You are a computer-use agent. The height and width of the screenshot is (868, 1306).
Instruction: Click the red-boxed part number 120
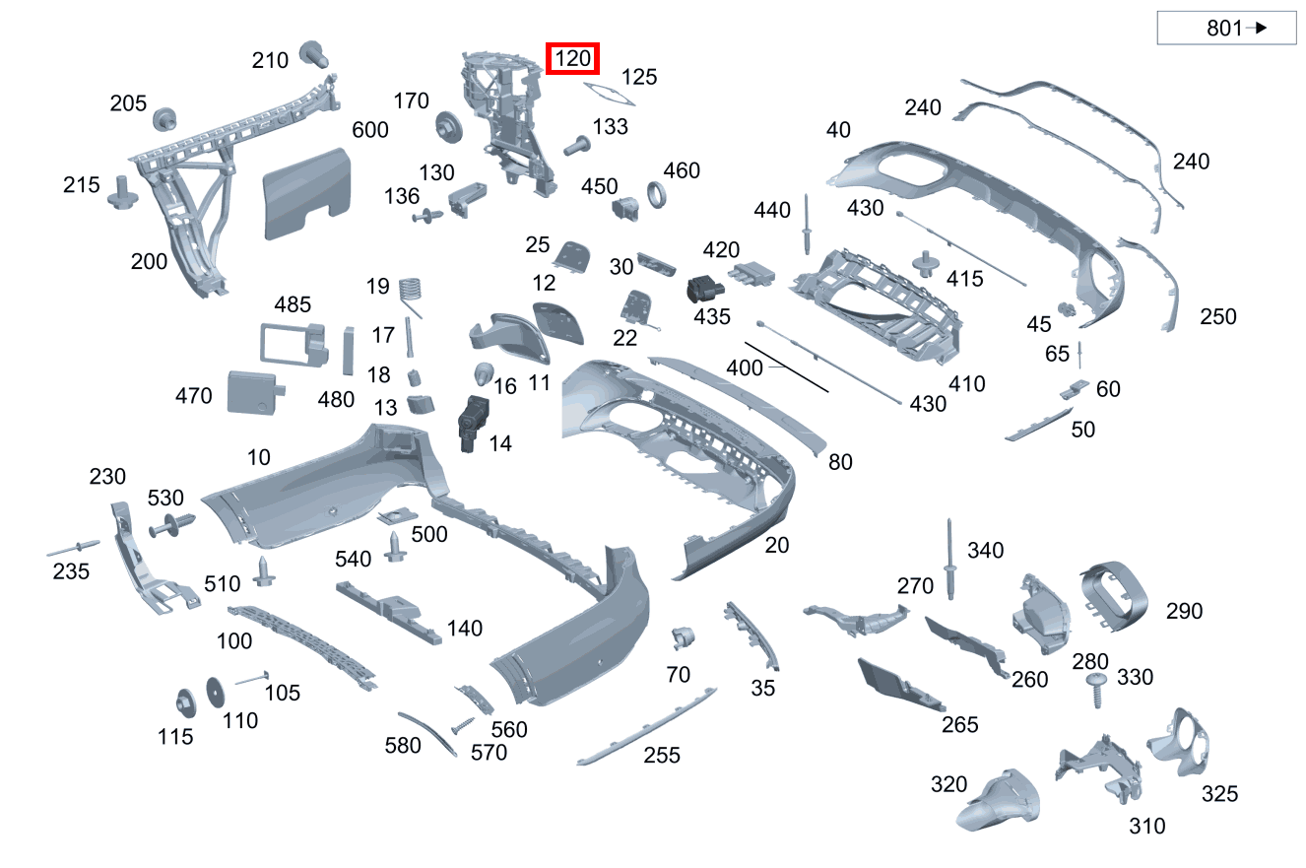(573, 59)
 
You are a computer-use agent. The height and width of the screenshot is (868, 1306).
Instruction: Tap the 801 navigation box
(1226, 29)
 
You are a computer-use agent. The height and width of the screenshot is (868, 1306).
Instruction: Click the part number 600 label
(370, 130)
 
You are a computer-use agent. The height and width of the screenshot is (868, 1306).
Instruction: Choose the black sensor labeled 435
(703, 289)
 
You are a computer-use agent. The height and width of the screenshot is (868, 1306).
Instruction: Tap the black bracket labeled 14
(471, 422)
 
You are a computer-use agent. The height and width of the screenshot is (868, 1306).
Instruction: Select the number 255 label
(662, 756)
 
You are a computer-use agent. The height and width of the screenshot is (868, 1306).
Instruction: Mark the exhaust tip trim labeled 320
(997, 800)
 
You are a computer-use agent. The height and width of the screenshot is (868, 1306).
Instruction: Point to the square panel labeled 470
(252, 393)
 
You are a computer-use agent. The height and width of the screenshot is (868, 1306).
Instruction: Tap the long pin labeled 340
(952, 560)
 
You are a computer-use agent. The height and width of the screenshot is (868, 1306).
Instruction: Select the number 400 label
(745, 368)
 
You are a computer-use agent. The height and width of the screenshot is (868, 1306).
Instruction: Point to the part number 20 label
(777, 545)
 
